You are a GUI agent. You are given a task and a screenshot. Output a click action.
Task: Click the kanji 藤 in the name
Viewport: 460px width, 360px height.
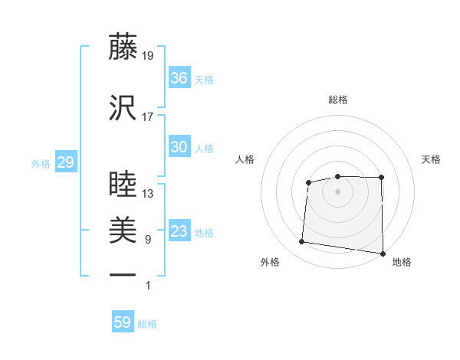(x=123, y=47)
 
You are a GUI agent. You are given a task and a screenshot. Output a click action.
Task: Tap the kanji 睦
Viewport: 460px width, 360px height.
(x=123, y=185)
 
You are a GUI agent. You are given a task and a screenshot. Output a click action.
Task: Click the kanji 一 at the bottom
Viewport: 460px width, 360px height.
(x=123, y=274)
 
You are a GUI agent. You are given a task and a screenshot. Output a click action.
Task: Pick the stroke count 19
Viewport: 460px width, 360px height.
(x=147, y=56)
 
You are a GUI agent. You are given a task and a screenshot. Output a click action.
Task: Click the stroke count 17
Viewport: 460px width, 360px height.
(x=147, y=117)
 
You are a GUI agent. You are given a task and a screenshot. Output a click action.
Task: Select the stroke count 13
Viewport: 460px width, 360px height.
(x=147, y=194)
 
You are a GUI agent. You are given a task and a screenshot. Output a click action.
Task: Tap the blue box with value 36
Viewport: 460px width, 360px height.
(x=179, y=78)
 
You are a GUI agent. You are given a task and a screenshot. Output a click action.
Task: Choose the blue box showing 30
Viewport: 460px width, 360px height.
(x=179, y=147)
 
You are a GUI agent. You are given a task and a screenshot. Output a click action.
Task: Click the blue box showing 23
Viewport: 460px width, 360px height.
(x=179, y=231)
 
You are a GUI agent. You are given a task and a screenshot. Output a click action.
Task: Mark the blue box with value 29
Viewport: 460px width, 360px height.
(x=65, y=162)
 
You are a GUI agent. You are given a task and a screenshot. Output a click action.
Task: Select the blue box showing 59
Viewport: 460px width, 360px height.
(x=122, y=322)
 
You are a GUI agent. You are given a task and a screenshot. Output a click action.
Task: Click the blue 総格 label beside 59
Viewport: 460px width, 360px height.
(x=147, y=324)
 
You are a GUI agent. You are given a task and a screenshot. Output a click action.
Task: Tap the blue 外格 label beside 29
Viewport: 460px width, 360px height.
(x=41, y=164)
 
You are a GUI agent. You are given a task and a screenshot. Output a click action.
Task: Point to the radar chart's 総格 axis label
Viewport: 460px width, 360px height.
(x=337, y=100)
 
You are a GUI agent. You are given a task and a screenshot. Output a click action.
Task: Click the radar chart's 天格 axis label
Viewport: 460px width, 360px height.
(x=431, y=159)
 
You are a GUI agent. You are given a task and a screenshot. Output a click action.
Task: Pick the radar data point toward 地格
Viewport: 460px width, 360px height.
(x=383, y=254)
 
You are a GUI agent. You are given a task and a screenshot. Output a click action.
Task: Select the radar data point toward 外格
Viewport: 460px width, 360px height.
(x=301, y=242)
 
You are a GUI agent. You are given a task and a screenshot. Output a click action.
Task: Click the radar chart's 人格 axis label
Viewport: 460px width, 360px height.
(x=245, y=159)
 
